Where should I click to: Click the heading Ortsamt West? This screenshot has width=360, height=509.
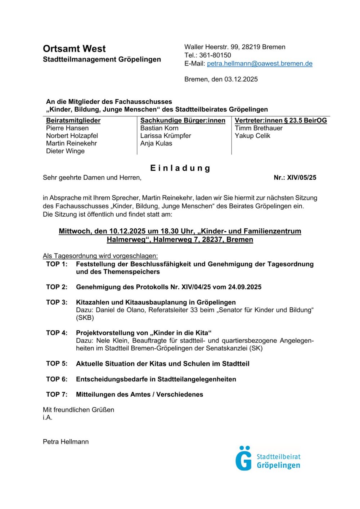74,49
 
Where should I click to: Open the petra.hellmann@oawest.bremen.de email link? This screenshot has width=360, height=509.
260,64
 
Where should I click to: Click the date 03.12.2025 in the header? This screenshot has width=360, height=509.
241,79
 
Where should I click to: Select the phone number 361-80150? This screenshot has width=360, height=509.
215,55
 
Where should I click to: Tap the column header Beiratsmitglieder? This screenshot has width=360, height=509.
73,121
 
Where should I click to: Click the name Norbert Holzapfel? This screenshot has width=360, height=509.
72,136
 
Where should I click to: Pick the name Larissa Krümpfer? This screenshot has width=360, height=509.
166,136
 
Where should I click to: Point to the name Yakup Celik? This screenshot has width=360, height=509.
252,136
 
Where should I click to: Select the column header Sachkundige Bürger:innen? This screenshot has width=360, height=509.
183,121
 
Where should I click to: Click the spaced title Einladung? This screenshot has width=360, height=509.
180,168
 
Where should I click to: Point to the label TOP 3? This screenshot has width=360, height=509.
57,302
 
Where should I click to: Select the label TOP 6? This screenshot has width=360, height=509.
57,379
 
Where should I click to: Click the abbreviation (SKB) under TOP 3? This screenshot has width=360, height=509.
85,317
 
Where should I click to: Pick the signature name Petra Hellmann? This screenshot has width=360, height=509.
66,442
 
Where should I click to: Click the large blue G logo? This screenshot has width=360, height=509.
244,459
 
